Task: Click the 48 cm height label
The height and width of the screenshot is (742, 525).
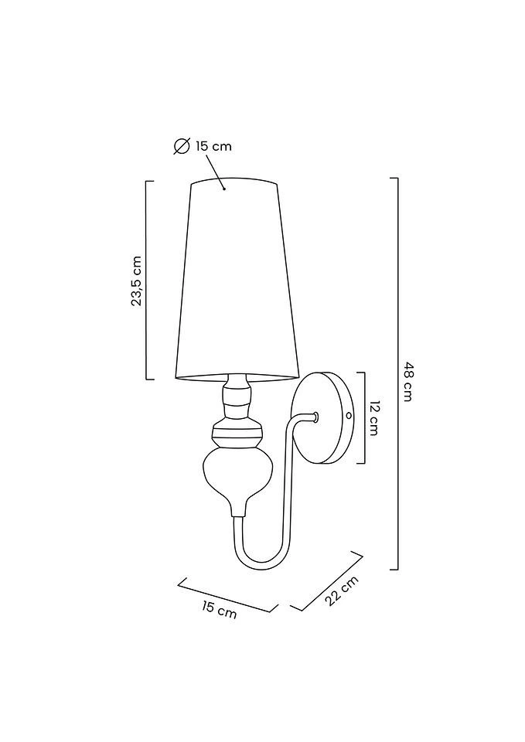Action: click(408, 381)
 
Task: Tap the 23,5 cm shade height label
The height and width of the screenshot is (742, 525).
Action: click(137, 281)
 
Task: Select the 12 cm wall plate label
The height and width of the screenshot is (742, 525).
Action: click(375, 418)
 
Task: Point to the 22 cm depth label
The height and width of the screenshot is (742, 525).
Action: click(342, 591)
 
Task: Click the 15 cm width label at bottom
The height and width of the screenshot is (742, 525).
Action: click(220, 611)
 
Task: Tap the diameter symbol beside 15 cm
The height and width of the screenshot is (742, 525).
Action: click(182, 145)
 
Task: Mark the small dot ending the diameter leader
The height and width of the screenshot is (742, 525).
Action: click(224, 188)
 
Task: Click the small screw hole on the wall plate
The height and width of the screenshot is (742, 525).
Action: click(348, 415)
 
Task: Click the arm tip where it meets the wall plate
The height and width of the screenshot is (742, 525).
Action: click(315, 417)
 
